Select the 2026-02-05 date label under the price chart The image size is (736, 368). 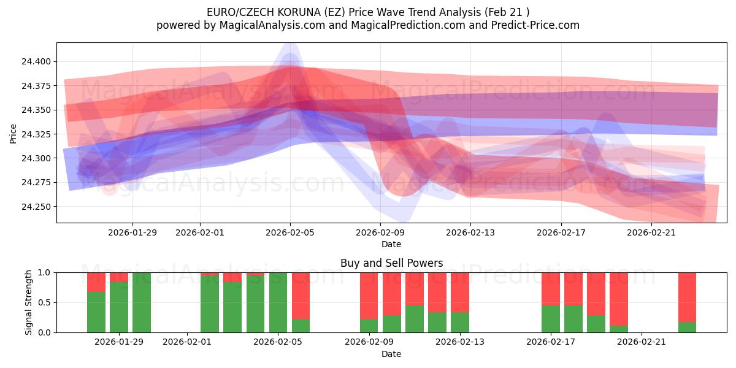290,232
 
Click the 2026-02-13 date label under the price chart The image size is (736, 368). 470,232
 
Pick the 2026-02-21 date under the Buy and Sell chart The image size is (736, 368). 641,342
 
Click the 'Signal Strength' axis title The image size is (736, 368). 29,302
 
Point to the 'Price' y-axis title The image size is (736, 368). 13,133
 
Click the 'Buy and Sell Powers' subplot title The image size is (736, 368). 391,263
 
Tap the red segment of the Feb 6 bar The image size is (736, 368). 301,296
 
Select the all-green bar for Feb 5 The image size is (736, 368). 278,302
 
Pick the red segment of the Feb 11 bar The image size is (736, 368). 415,289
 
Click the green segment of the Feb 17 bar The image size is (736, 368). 551,319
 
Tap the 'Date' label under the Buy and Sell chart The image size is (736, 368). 391,354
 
